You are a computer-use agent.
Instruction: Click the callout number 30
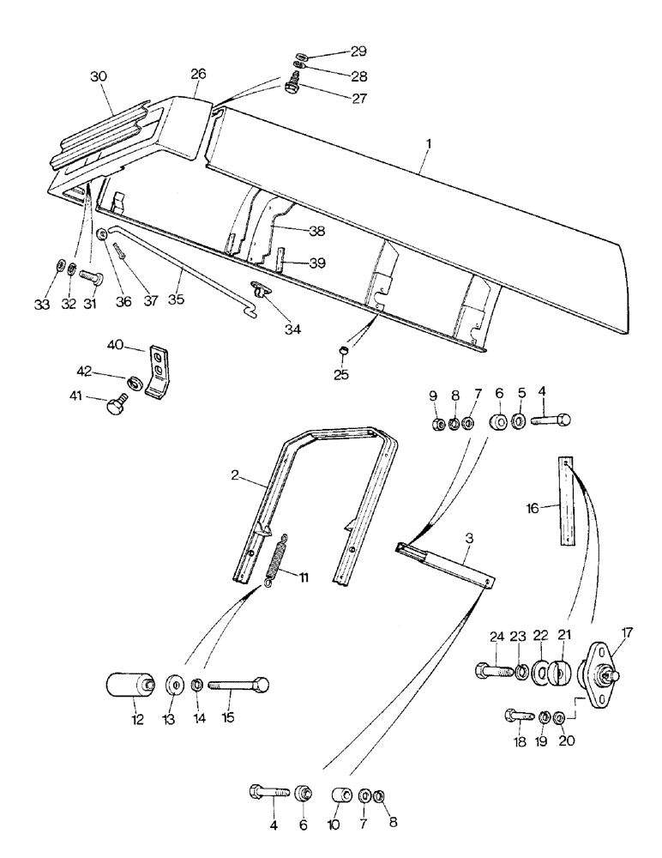99,76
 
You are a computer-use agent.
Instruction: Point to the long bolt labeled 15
238,686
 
